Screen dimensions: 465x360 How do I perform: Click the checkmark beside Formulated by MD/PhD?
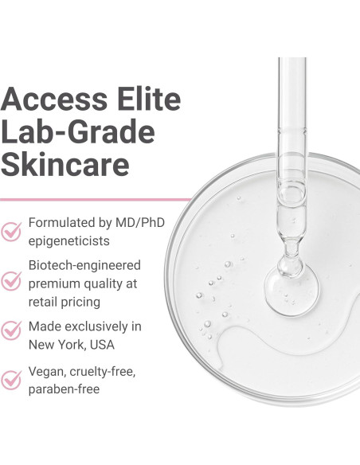point(11,231)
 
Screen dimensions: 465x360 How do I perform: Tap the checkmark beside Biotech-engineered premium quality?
point(11,280)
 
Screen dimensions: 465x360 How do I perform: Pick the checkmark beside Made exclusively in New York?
point(11,330)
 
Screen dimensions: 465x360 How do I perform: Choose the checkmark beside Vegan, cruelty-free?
point(11,379)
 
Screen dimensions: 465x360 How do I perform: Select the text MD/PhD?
point(137,222)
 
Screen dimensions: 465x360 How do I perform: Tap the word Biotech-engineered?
point(84,264)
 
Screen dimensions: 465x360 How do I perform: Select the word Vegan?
point(47,371)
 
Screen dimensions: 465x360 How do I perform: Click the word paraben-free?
point(64,389)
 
